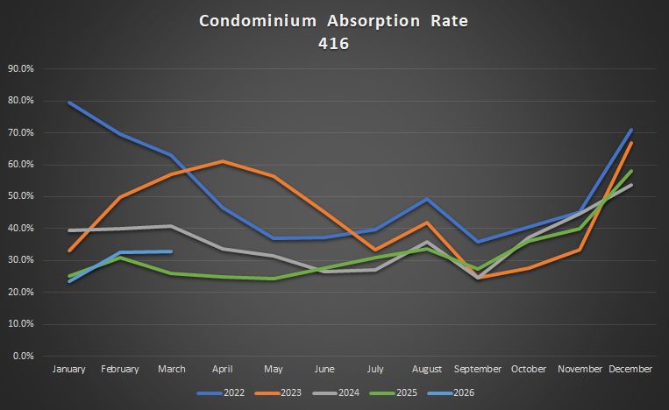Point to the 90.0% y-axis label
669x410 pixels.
(x=20, y=68)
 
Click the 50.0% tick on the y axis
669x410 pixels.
(x=20, y=196)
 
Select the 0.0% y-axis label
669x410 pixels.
(x=22, y=356)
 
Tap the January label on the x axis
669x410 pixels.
(x=69, y=370)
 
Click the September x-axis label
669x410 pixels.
(x=477, y=370)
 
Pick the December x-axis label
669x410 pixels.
(x=630, y=370)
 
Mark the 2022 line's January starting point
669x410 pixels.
(x=69, y=102)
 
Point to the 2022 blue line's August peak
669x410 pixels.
(x=426, y=199)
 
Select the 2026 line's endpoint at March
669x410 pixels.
(x=171, y=251)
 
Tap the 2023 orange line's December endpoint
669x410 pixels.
(x=630, y=143)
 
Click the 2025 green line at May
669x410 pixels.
(x=274, y=279)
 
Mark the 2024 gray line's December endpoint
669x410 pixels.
(x=630, y=185)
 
